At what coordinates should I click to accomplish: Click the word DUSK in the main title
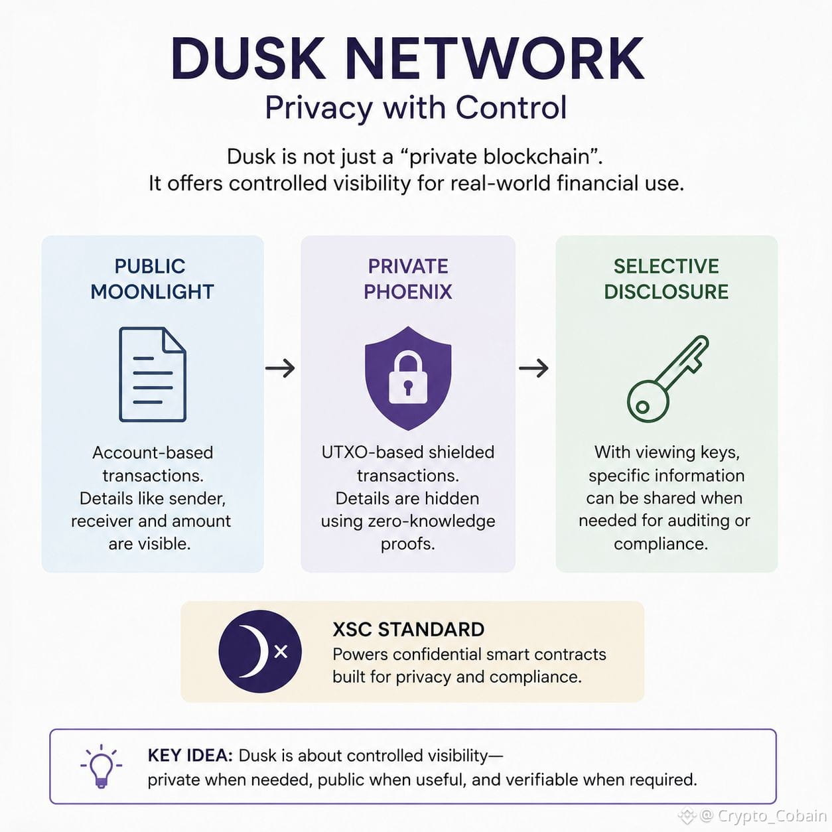(x=248, y=59)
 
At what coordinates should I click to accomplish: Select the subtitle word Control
(x=511, y=107)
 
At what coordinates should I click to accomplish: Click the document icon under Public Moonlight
(x=153, y=374)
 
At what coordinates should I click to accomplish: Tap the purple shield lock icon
(x=408, y=378)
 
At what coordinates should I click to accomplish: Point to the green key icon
(x=667, y=379)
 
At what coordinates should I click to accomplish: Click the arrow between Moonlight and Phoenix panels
(x=280, y=368)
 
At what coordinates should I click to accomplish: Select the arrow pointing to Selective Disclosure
(x=533, y=368)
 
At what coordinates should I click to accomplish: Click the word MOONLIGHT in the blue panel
(x=153, y=292)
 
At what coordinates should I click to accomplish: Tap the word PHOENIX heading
(x=407, y=292)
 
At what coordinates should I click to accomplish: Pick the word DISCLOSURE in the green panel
(x=666, y=292)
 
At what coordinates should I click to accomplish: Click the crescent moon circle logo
(x=260, y=652)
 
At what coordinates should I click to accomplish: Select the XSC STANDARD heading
(x=409, y=630)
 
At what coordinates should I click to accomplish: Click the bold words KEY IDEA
(x=190, y=756)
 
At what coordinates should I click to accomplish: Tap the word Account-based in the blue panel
(x=153, y=453)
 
